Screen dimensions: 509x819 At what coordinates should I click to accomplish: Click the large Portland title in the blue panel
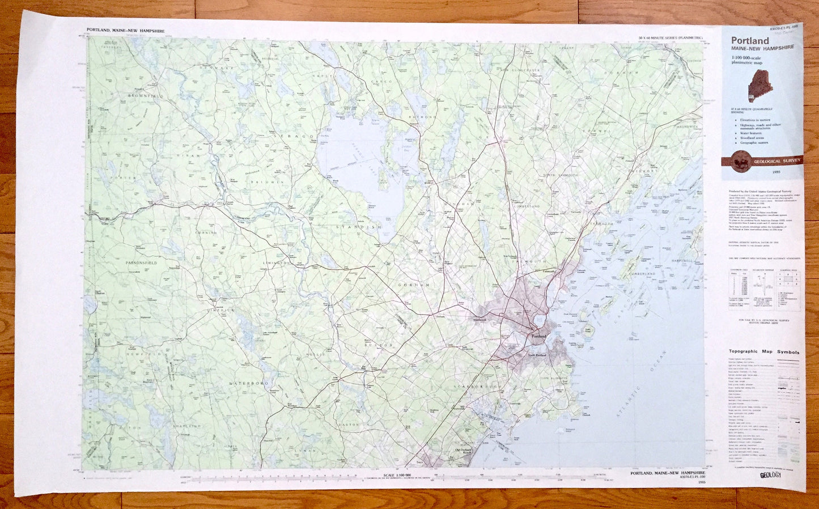click(x=750, y=41)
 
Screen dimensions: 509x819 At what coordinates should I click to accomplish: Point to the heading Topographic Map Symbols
click(x=763, y=352)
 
